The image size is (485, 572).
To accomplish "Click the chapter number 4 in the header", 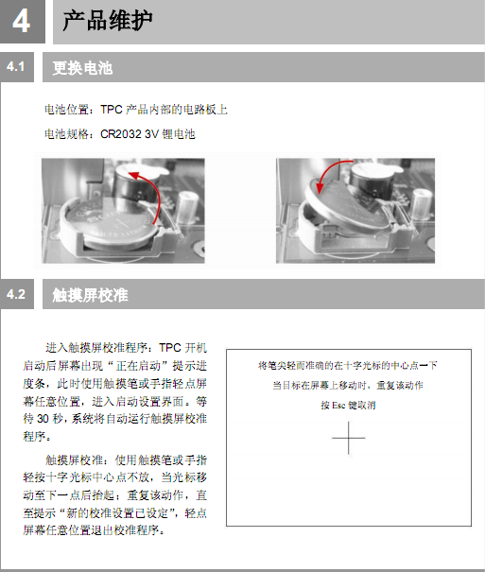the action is pyautogui.click(x=21, y=21).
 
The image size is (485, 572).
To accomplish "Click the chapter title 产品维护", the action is pyautogui.click(x=107, y=21).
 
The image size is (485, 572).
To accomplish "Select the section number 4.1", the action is pyautogui.click(x=15, y=67).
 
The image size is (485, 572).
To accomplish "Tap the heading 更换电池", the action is pyautogui.click(x=82, y=68).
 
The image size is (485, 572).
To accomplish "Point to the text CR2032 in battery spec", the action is pyautogui.click(x=121, y=134).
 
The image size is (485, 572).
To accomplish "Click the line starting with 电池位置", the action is pyautogui.click(x=135, y=110).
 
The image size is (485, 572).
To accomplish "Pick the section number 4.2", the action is pyautogui.click(x=16, y=294).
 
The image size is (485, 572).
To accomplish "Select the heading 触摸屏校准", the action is pyautogui.click(x=90, y=295).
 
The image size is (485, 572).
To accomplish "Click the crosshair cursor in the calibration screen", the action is pyautogui.click(x=349, y=438).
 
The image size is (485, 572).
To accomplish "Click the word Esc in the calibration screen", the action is pyautogui.click(x=338, y=406).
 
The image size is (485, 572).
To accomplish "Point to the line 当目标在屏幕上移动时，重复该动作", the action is pyautogui.click(x=348, y=385).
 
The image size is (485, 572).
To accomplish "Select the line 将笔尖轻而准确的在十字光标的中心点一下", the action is pyautogui.click(x=348, y=365).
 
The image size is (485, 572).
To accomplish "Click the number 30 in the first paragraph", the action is pyautogui.click(x=43, y=419).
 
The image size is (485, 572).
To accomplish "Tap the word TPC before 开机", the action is pyautogui.click(x=170, y=348).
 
